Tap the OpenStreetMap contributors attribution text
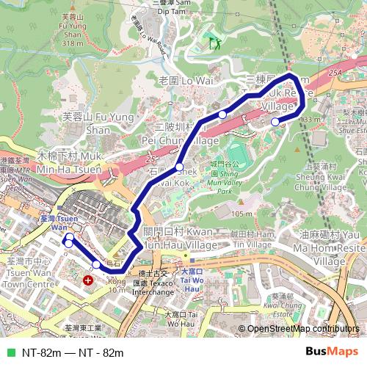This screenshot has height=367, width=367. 303,329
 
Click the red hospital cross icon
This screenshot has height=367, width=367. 89,280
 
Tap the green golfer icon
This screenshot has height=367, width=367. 214,43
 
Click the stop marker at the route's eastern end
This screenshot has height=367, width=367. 275,122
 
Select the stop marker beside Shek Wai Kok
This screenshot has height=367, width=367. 179,167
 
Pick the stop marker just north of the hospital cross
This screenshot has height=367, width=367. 96,264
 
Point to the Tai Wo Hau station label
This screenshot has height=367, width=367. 193,277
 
